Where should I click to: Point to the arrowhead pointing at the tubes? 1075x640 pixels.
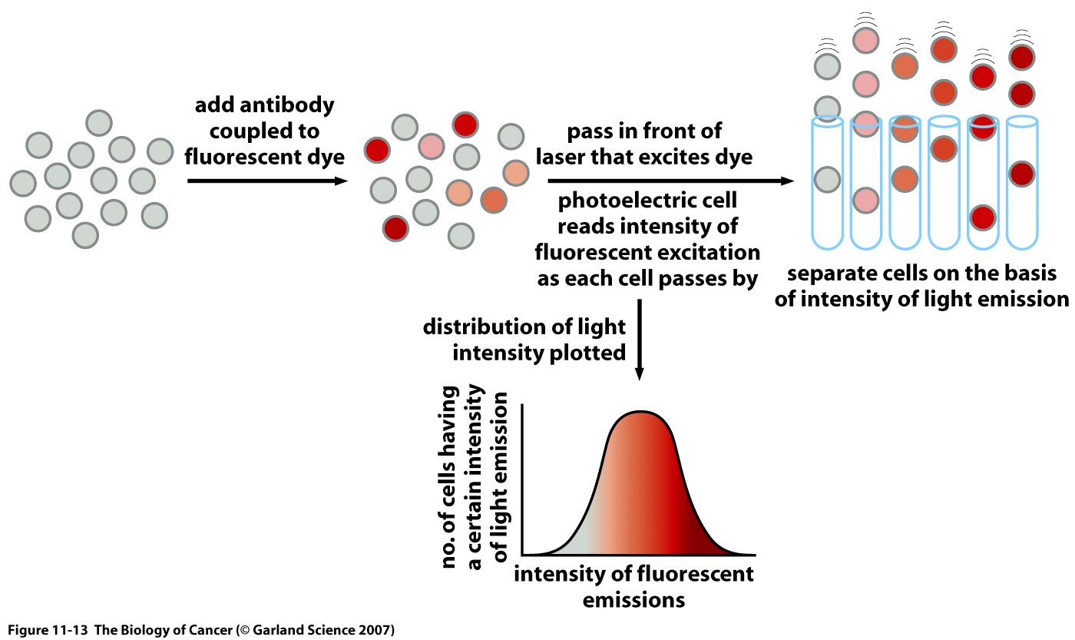[788, 181]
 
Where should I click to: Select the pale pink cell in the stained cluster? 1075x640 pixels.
[431, 144]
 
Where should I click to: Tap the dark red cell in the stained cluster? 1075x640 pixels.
[396, 227]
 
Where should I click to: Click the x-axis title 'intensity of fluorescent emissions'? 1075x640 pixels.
[633, 585]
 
